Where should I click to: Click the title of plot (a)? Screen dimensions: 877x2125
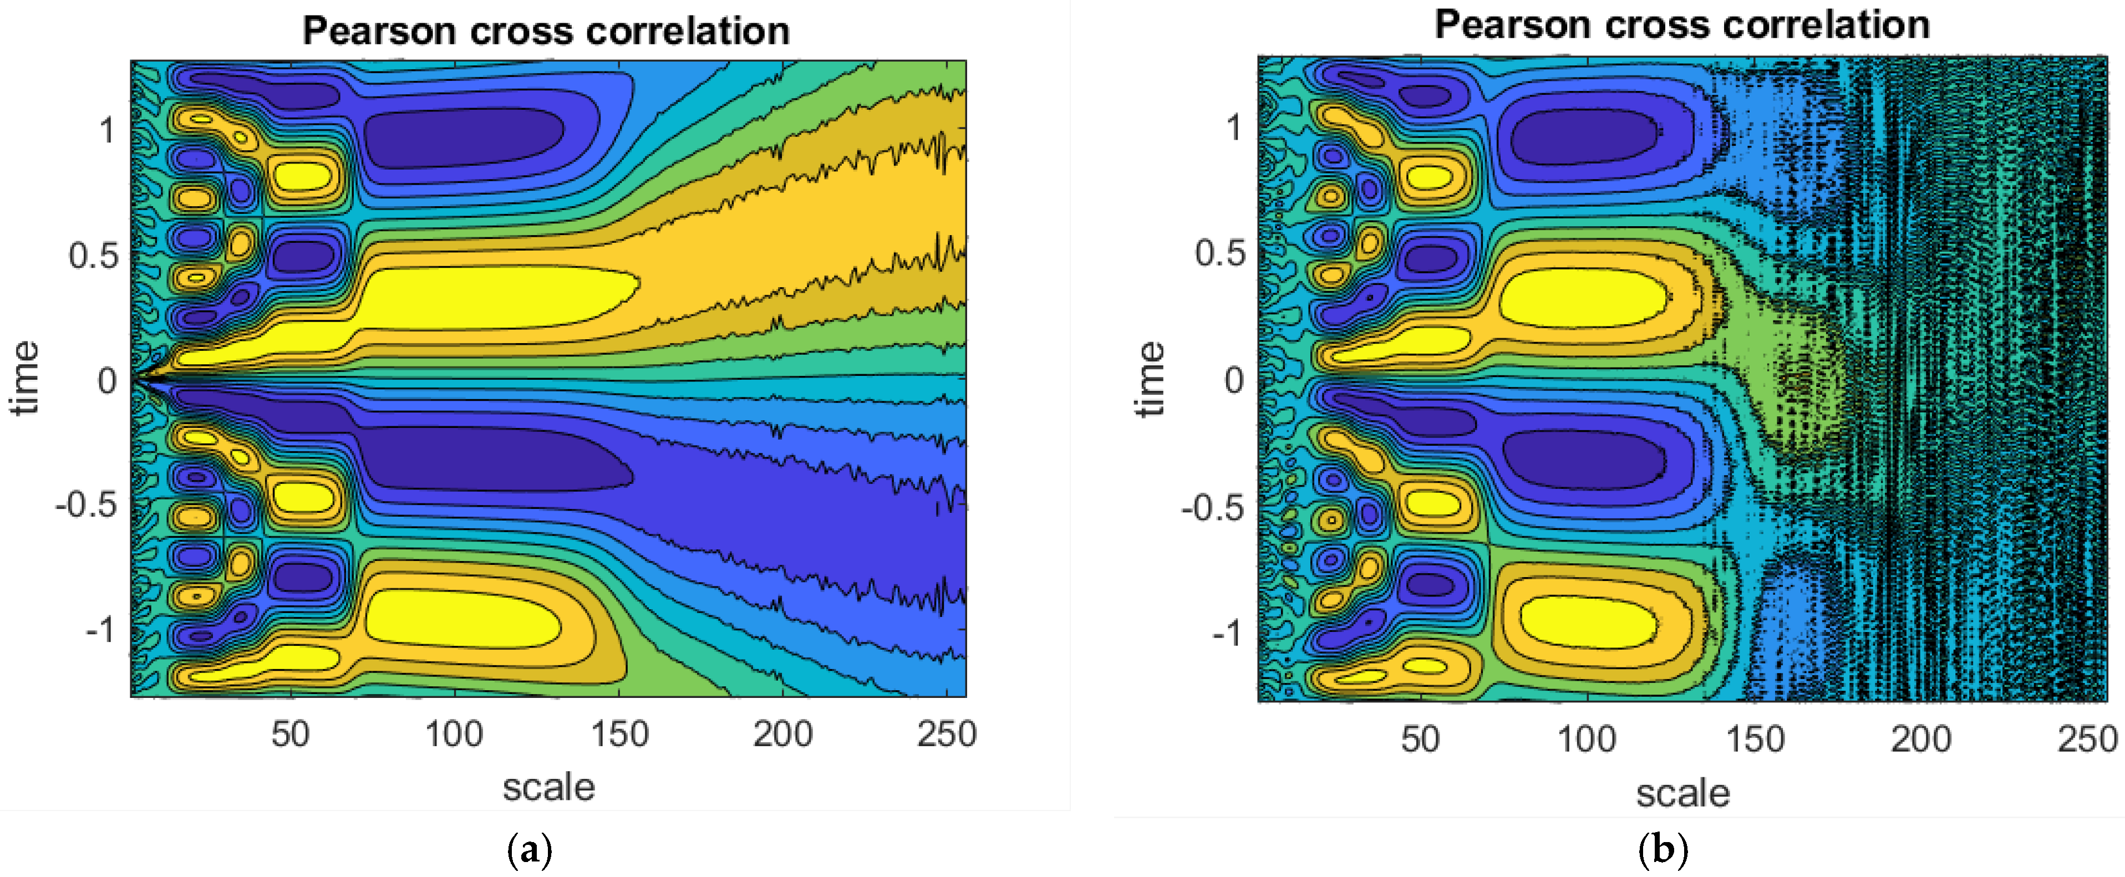tap(546, 32)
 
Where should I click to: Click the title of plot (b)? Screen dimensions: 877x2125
tap(1681, 26)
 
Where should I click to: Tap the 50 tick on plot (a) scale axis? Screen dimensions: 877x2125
tap(291, 733)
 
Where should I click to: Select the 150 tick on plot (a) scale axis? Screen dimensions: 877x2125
tap(619, 733)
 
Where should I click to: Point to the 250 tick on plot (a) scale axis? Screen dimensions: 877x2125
tap(946, 733)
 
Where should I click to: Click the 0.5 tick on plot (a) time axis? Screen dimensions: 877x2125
tap(93, 256)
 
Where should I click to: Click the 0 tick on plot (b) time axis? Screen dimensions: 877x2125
tap(1233, 380)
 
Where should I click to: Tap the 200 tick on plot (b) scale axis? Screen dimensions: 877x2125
tap(1920, 738)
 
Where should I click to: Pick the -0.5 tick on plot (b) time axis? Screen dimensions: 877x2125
tap(1212, 507)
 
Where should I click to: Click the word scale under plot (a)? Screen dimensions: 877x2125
tap(548, 787)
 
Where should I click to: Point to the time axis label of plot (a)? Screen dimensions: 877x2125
tap(25, 378)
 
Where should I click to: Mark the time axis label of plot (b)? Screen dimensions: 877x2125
tap(1150, 380)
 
